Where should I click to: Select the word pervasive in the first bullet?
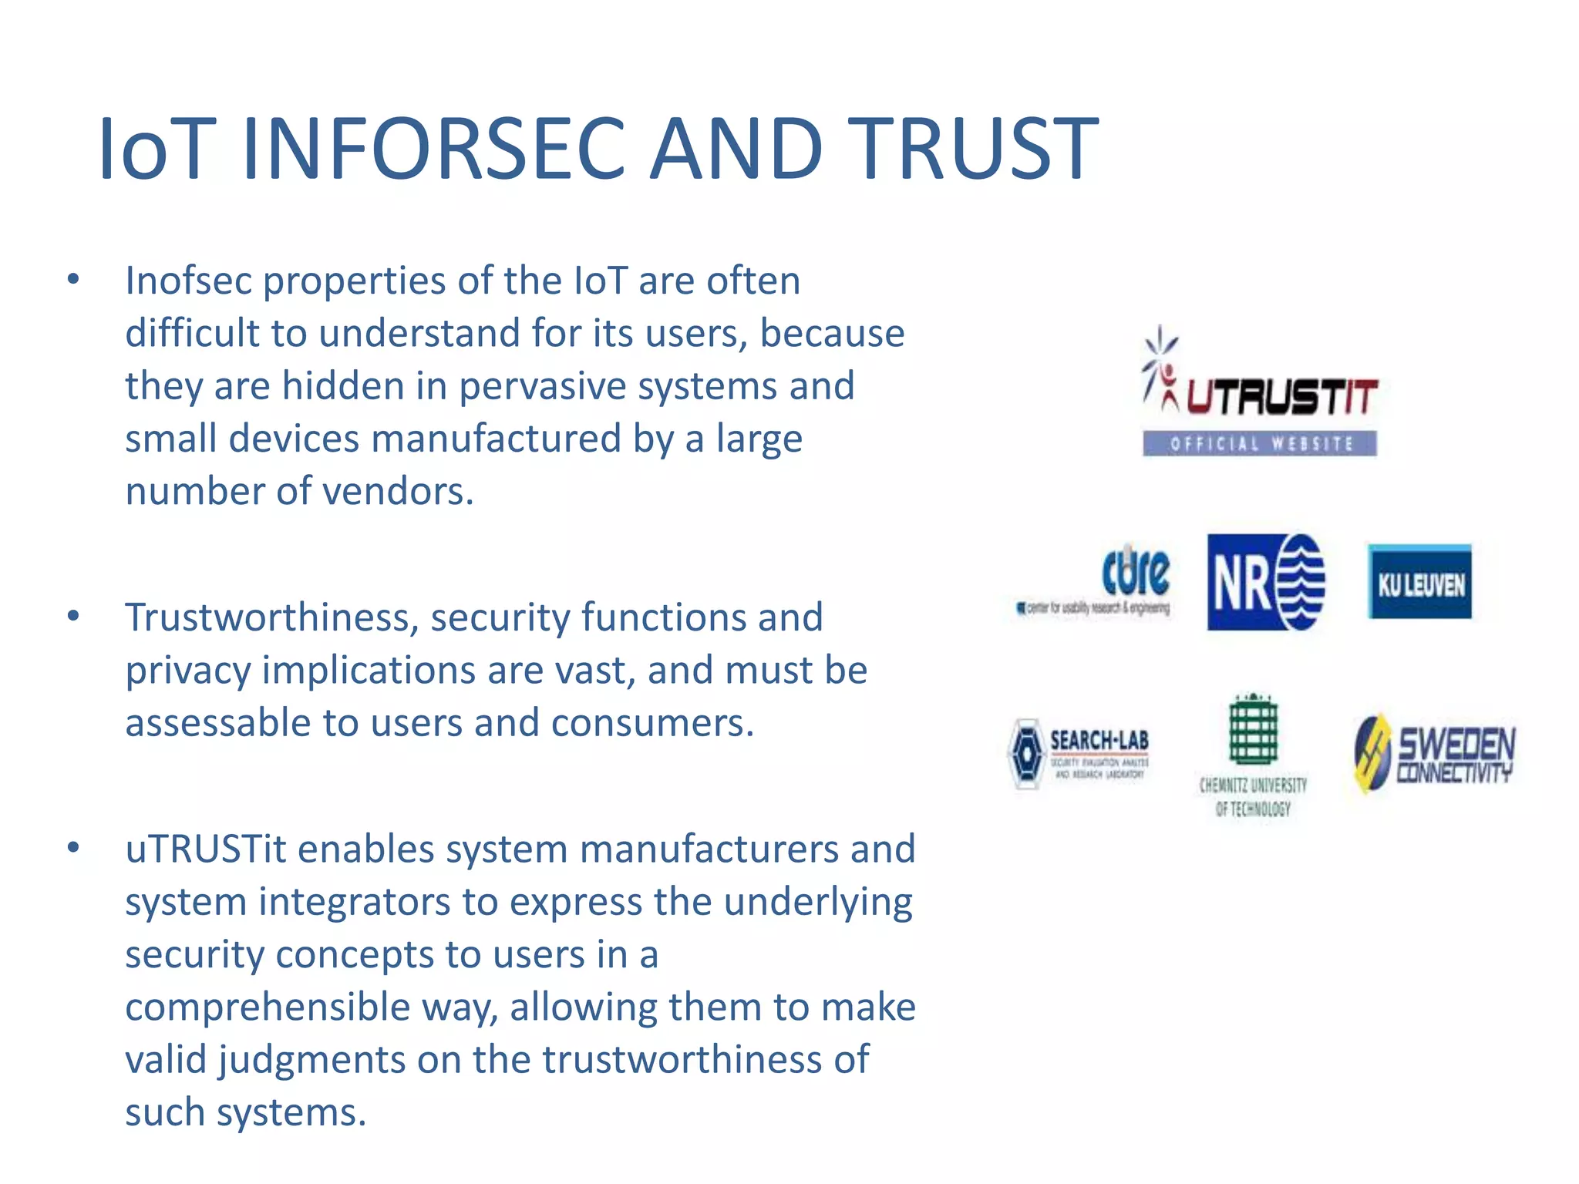click(542, 386)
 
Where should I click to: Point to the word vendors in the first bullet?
click(397, 492)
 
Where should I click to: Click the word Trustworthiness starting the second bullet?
click(271, 617)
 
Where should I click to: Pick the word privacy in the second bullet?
click(187, 671)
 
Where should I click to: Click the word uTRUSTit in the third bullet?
click(206, 849)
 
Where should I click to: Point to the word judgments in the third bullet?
click(311, 1060)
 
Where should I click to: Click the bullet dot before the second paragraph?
click(73, 616)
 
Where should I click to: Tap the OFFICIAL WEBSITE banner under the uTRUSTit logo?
click(1259, 443)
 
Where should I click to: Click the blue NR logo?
click(1265, 582)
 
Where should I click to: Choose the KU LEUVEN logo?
click(1419, 582)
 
